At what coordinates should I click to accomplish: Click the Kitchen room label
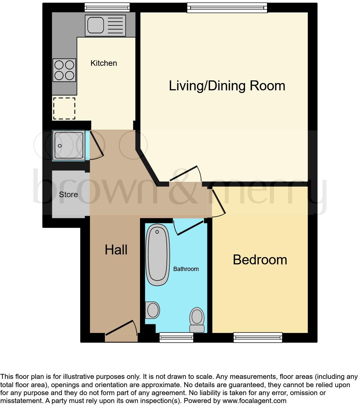coord(104,63)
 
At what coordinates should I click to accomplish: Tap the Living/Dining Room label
coord(227,86)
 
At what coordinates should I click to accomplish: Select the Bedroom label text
coord(260,260)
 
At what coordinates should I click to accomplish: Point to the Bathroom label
coord(186,269)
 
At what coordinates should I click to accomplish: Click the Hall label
coord(116,250)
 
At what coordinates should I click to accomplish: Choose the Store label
coord(68,195)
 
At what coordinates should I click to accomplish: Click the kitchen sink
coord(106,25)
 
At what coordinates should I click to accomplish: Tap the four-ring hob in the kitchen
coord(64,70)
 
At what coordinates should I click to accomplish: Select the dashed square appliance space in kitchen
coord(64,108)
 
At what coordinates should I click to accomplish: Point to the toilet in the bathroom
coord(197,319)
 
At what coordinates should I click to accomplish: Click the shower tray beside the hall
coord(68,146)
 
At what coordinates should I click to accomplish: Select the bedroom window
coord(258,337)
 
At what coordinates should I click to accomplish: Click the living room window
coord(227,7)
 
